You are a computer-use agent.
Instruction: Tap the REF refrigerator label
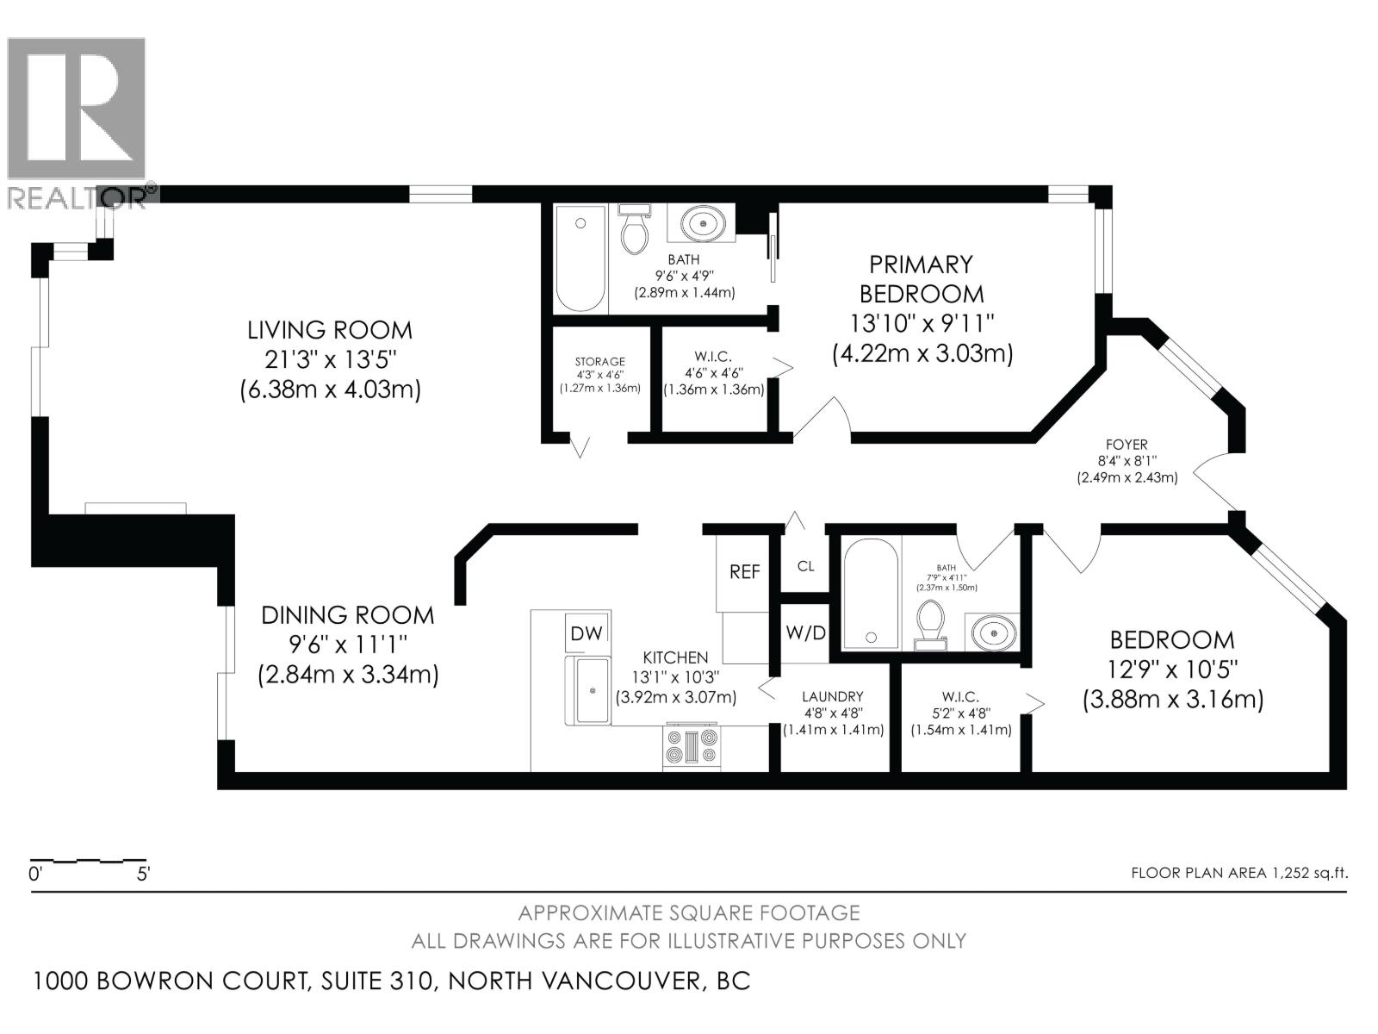pos(745,571)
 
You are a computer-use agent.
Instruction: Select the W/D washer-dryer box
pos(805,633)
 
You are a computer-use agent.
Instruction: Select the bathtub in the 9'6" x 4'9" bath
pos(580,258)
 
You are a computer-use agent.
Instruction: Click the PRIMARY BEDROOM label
pos(921,278)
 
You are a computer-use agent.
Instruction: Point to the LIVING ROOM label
pos(330,330)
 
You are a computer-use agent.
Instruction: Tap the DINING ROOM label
pos(347,615)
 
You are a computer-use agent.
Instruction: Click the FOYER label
pos(1127,445)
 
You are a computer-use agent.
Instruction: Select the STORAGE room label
pos(600,362)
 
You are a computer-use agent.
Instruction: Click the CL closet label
pos(805,566)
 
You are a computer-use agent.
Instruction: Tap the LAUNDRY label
pos(832,696)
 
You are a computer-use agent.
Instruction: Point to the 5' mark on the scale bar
pos(143,874)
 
